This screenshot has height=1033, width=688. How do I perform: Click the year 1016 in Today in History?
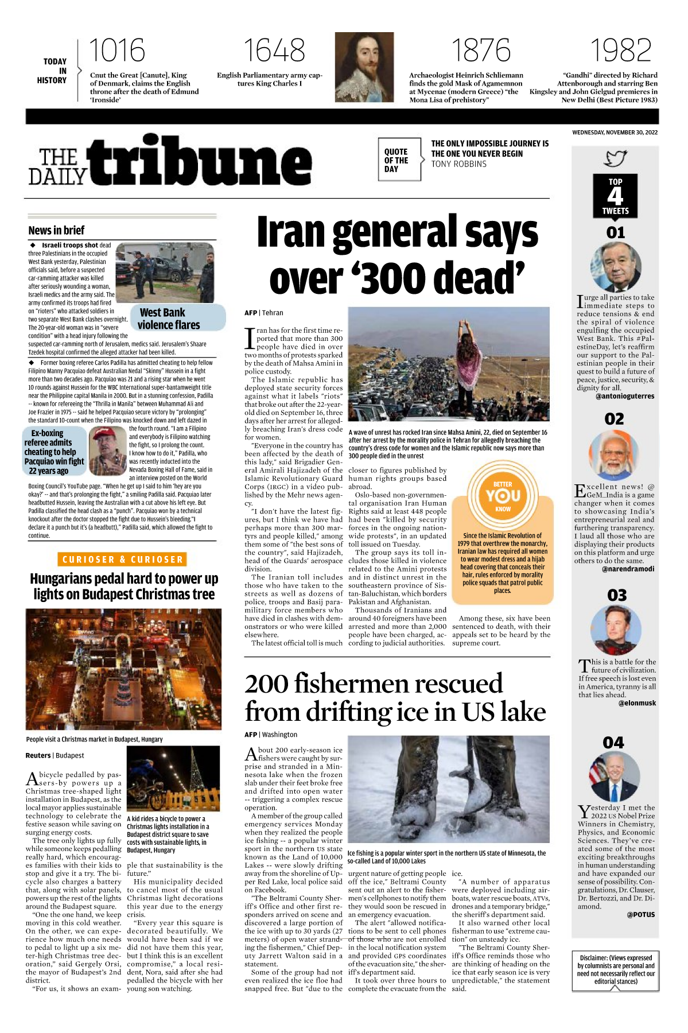click(116, 51)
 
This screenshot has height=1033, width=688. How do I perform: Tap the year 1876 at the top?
click(481, 51)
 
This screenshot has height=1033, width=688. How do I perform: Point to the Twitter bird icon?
click(615, 158)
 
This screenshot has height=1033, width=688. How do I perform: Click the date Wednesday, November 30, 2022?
click(615, 133)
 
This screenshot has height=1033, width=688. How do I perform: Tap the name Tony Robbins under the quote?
click(458, 164)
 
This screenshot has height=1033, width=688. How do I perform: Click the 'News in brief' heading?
click(56, 231)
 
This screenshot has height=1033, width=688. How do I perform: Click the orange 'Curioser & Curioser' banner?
click(123, 560)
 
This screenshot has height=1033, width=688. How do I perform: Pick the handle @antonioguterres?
click(624, 396)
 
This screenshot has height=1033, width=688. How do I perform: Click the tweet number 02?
click(614, 419)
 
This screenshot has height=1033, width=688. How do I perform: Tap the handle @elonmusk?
click(637, 703)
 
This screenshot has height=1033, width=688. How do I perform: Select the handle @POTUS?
click(640, 915)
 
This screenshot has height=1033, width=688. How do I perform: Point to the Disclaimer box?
click(616, 970)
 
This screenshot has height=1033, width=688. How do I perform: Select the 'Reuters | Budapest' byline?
click(55, 756)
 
